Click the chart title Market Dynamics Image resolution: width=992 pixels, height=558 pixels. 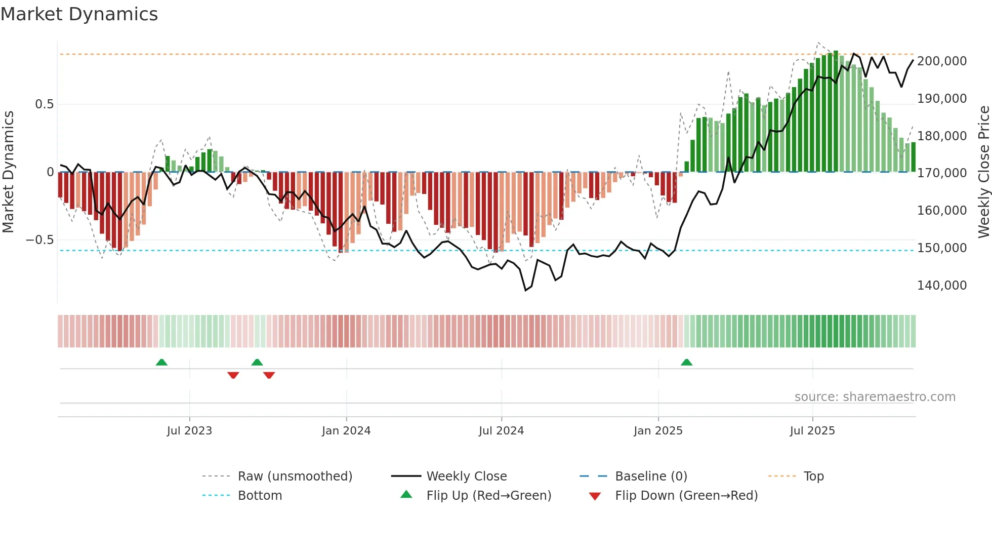[79, 14]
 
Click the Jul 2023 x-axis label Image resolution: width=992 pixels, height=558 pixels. [189, 431]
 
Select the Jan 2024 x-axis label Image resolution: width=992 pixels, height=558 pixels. [346, 431]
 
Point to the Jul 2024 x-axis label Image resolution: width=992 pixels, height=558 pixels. [501, 431]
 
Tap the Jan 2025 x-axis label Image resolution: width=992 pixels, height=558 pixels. [658, 431]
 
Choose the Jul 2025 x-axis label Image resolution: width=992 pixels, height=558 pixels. [812, 431]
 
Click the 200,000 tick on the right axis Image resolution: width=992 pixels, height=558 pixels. [942, 61]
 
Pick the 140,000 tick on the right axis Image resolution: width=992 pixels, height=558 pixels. [942, 286]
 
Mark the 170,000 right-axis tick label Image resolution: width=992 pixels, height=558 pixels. [942, 173]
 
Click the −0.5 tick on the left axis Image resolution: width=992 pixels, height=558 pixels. [40, 240]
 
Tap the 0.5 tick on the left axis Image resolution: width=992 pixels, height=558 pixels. [44, 104]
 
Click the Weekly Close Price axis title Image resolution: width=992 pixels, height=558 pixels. [983, 172]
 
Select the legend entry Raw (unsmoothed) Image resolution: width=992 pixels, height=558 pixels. [295, 476]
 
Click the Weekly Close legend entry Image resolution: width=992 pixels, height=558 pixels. [466, 476]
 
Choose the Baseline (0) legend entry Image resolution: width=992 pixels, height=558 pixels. [651, 476]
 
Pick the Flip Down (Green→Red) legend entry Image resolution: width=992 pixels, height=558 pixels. [686, 496]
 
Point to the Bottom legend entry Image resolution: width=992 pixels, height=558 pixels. [260, 496]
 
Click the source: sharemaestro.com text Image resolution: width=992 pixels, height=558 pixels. [875, 397]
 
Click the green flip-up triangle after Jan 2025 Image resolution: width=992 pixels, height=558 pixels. [686, 363]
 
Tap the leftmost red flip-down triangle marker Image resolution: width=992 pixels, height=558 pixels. [233, 375]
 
